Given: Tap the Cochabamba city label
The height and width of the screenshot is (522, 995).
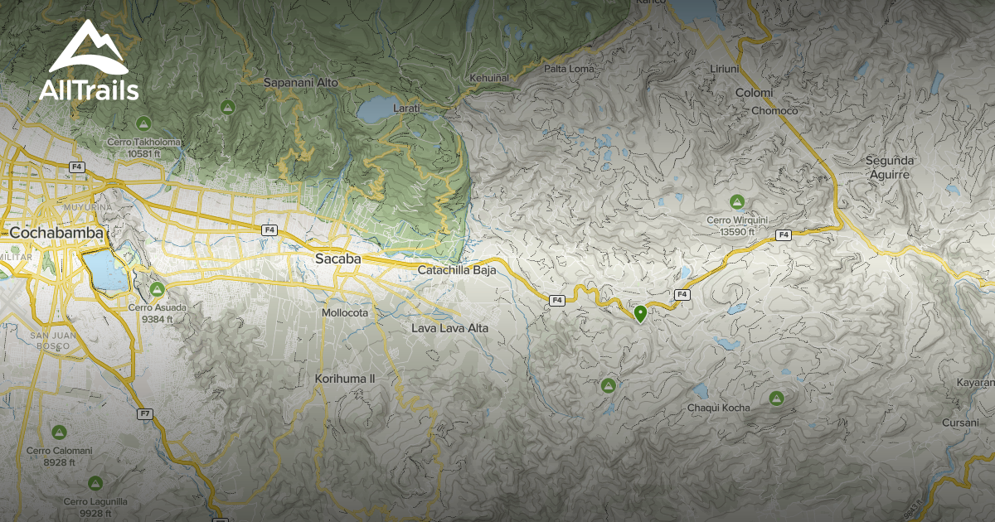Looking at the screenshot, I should tap(56, 234).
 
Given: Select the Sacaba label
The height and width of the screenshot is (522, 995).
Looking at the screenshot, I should tap(337, 259).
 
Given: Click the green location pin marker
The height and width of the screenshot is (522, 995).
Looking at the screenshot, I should tap(640, 314).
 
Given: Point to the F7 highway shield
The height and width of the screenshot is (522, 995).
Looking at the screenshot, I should tap(146, 413).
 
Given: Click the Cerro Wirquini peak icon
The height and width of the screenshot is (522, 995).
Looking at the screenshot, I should tap(736, 201).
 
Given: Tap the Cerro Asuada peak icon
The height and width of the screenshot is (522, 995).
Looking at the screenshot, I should tap(157, 289).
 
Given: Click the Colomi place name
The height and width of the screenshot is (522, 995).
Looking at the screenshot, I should tap(754, 93).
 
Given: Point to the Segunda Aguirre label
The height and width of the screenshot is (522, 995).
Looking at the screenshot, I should tap(889, 167).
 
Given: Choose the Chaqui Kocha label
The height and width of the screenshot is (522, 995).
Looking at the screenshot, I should tap(719, 408).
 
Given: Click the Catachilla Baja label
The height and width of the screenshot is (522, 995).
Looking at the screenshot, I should tap(456, 270).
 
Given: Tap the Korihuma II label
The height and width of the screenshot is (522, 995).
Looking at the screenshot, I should tap(346, 379).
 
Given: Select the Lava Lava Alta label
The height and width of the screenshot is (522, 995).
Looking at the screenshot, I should tap(450, 328).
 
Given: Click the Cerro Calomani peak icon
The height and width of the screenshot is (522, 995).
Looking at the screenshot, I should tap(59, 433).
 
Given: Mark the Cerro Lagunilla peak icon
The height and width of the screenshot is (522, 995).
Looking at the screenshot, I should tap(95, 482).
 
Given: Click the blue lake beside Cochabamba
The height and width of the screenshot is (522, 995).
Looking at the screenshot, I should tap(104, 270).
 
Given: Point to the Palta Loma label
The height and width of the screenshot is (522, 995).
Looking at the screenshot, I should tap(569, 69).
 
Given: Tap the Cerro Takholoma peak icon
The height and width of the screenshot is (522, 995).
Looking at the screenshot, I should tap(143, 123).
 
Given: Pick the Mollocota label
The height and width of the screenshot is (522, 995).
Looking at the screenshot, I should tap(345, 312).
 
